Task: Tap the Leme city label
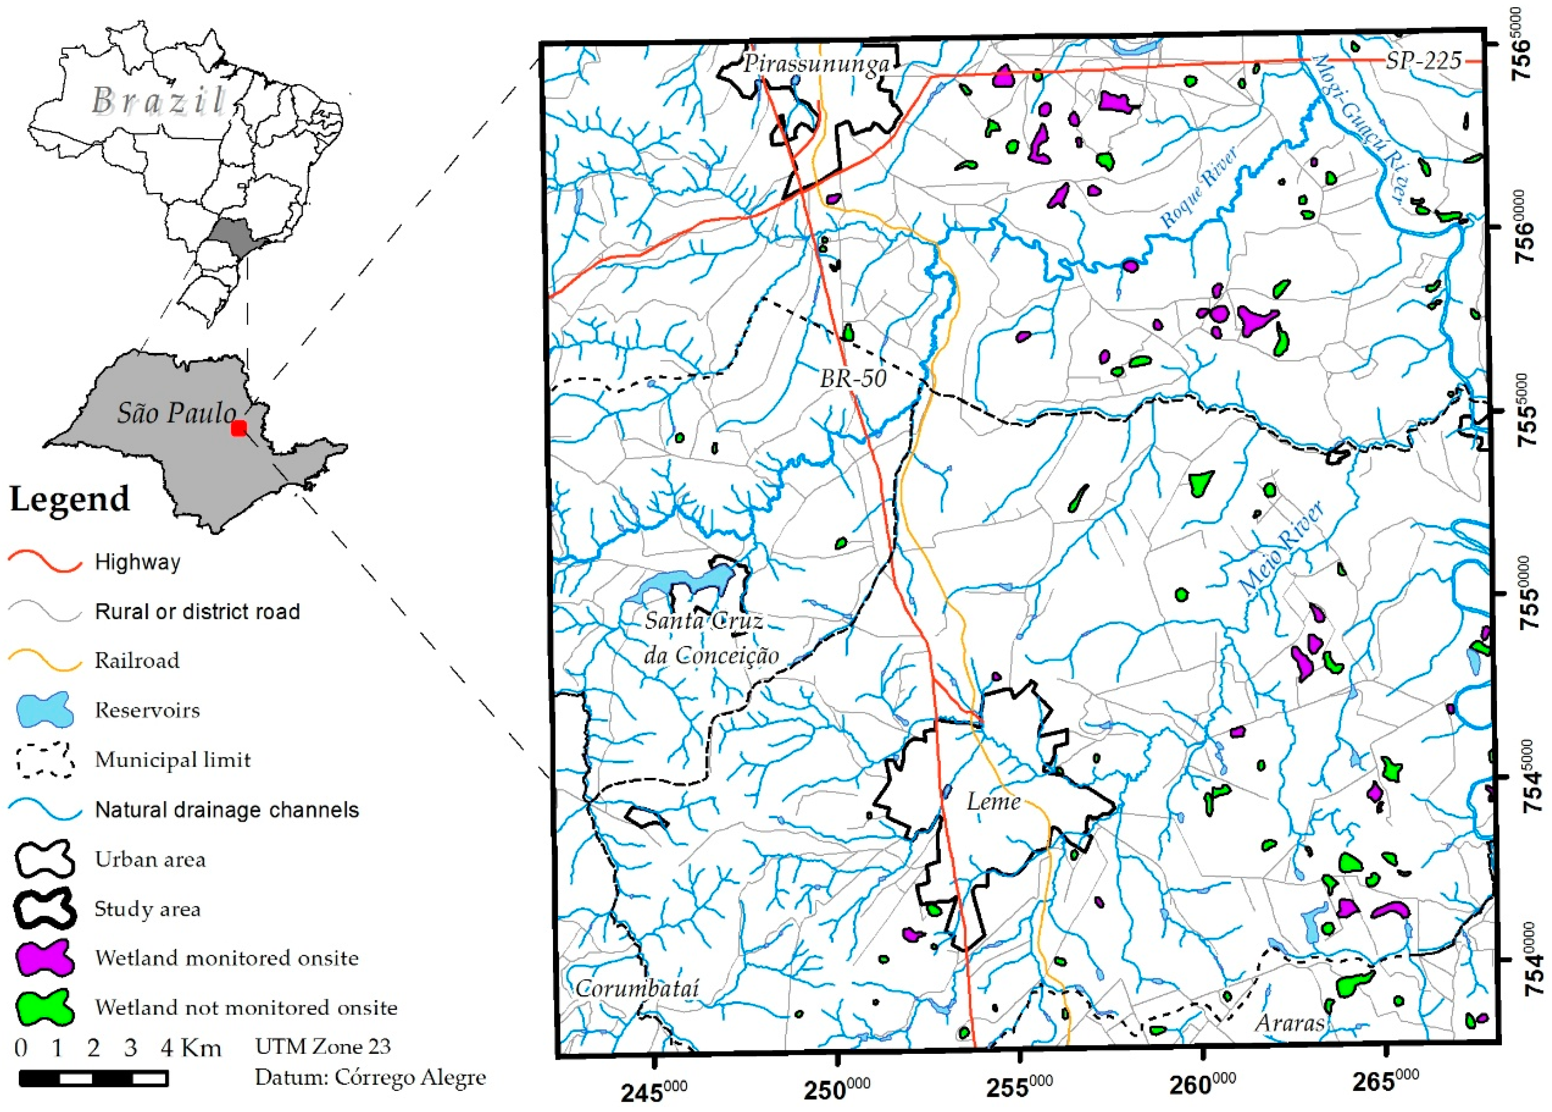tap(993, 801)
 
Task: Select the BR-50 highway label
tap(853, 378)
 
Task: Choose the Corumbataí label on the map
tap(637, 988)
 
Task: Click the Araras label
tap(1289, 1023)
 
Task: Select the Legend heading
tap(69, 498)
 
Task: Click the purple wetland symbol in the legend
tap(44, 957)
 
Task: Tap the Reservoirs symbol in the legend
tap(44, 709)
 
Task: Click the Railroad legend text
tap(137, 660)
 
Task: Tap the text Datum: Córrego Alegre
tap(370, 1077)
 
